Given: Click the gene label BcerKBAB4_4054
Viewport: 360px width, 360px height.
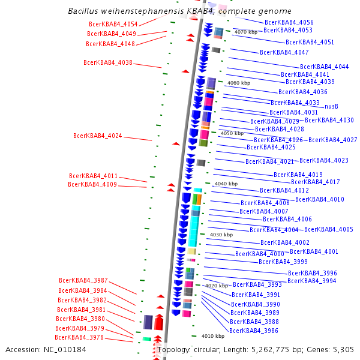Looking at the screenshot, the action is tap(113, 24).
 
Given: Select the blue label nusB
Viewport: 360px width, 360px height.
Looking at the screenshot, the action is tap(331, 106).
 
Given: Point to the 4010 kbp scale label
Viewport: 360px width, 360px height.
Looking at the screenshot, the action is tap(212, 336).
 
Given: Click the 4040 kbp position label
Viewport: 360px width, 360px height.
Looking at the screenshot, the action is tap(226, 184).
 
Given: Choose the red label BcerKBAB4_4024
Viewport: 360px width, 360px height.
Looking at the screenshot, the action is tap(98, 136).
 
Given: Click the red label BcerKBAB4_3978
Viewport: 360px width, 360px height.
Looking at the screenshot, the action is tap(80, 337).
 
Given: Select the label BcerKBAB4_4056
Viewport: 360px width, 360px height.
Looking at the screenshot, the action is tap(289, 22).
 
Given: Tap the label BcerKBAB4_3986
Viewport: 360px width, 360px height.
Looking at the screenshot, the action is tap(254, 331).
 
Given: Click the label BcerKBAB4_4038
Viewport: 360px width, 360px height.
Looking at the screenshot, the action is tap(108, 62).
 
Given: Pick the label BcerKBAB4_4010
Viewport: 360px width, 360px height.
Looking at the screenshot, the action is tap(320, 199).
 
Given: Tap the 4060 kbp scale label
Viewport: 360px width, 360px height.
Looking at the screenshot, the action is tap(239, 83).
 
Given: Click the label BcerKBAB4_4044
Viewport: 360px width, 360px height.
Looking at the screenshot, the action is tap(325, 67).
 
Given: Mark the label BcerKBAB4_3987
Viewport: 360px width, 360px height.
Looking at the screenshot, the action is tap(83, 280).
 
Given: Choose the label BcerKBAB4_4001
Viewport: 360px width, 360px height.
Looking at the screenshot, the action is tap(314, 251).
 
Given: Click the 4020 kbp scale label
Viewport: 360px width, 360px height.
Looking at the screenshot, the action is tap(217, 286).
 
